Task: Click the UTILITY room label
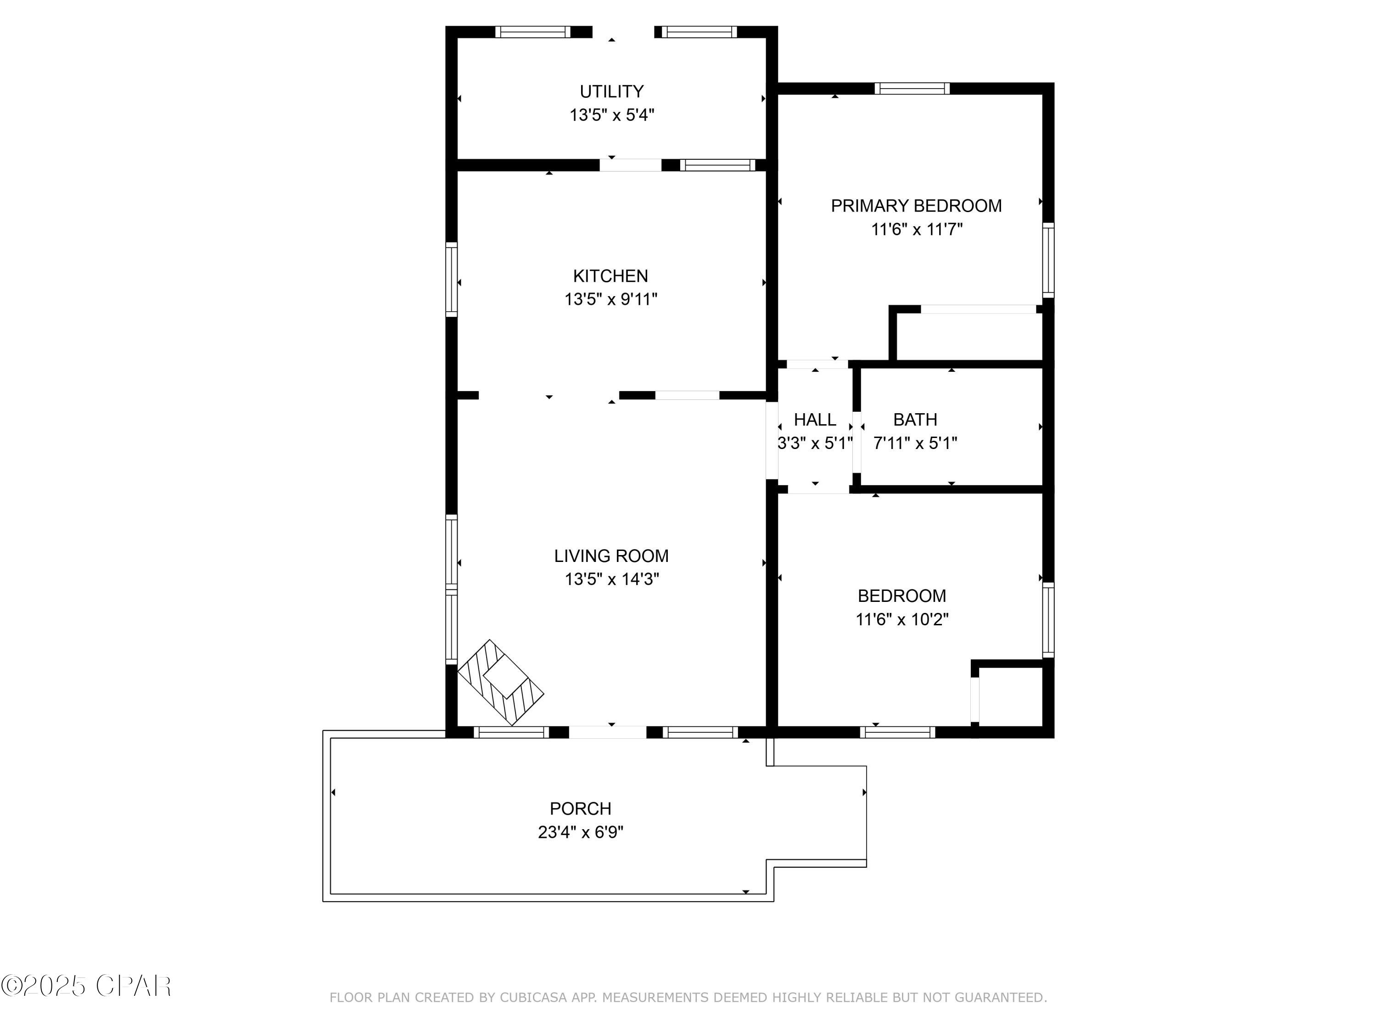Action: coord(611,91)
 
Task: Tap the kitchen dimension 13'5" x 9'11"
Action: coord(610,299)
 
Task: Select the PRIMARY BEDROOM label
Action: coord(916,206)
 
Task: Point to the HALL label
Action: coord(815,420)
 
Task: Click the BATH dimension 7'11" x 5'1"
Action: coord(915,444)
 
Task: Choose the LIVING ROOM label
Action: coord(611,556)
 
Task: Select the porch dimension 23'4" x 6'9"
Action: coord(580,832)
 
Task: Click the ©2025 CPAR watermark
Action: coord(86,986)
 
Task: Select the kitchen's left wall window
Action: coord(451,280)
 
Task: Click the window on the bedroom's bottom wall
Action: coord(897,732)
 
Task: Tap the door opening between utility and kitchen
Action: coord(630,165)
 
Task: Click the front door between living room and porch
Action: coord(608,732)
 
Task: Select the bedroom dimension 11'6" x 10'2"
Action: coord(901,619)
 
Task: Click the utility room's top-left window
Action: coord(532,32)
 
